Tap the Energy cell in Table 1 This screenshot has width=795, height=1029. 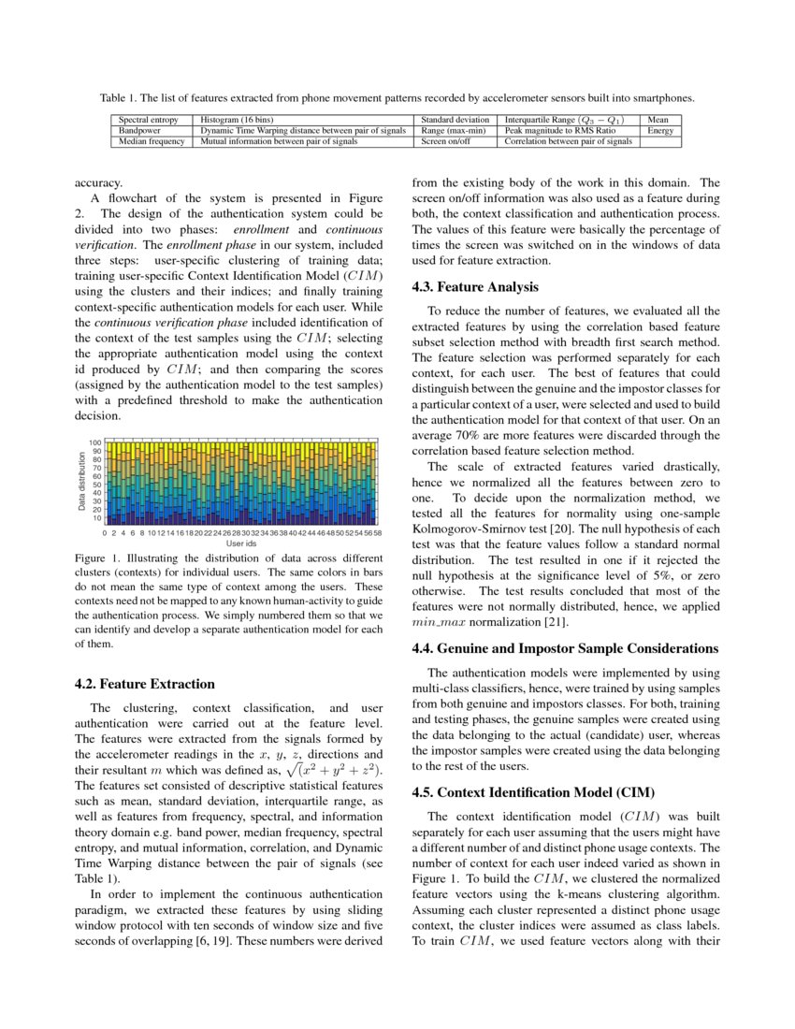click(x=660, y=131)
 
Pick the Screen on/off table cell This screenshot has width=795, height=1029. click(x=445, y=142)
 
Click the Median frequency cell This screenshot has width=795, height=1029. click(x=151, y=142)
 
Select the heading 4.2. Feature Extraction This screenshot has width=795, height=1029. click(x=144, y=684)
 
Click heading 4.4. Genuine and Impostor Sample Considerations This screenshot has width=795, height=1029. click(x=565, y=647)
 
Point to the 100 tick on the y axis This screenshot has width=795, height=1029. click(x=94, y=442)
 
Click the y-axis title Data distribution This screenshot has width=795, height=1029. click(x=82, y=481)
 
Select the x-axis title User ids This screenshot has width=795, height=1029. click(x=241, y=543)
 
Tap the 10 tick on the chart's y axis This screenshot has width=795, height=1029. click(x=96, y=518)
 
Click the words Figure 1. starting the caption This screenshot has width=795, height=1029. click(x=97, y=559)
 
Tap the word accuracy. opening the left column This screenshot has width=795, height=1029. click(x=97, y=184)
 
